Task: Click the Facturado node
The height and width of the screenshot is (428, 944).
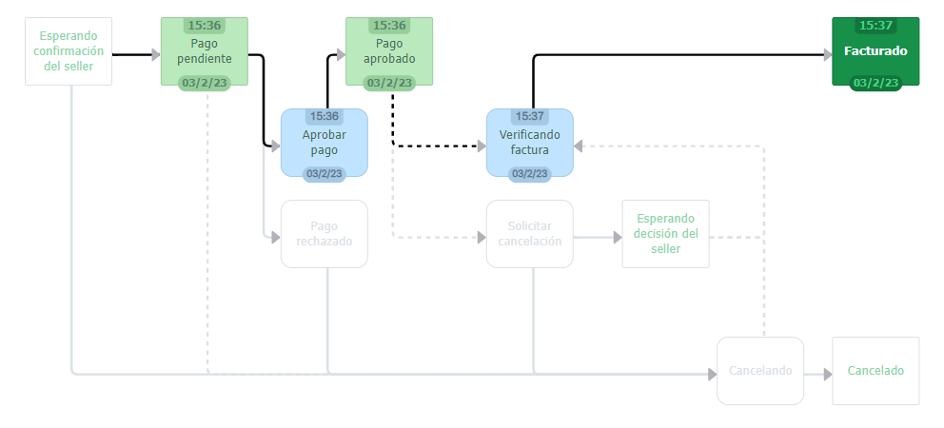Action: click(875, 51)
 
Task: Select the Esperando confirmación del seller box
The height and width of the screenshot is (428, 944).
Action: click(69, 51)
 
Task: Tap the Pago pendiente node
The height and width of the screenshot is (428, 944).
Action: click(205, 51)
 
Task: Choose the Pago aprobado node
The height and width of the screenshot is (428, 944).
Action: click(389, 51)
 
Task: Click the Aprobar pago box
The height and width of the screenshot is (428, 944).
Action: click(324, 143)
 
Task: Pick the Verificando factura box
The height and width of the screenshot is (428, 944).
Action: click(529, 143)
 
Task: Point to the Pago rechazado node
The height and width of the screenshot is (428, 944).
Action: click(324, 234)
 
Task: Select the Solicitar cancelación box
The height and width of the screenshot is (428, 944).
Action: click(529, 234)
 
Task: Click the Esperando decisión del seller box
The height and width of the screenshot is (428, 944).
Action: click(665, 234)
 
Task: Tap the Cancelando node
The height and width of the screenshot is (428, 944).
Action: click(760, 371)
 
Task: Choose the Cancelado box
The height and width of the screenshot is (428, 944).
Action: click(875, 371)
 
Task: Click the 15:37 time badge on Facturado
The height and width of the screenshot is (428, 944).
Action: click(875, 25)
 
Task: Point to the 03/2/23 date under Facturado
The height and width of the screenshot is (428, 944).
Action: click(875, 83)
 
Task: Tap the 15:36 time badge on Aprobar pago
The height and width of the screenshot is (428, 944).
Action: click(324, 116)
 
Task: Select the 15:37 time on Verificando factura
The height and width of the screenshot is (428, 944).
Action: click(529, 116)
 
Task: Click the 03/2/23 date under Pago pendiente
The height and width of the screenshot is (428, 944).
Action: click(205, 83)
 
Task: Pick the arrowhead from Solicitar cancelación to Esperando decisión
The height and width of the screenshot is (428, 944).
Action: click(616, 237)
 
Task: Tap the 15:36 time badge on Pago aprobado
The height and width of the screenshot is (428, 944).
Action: click(389, 25)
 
